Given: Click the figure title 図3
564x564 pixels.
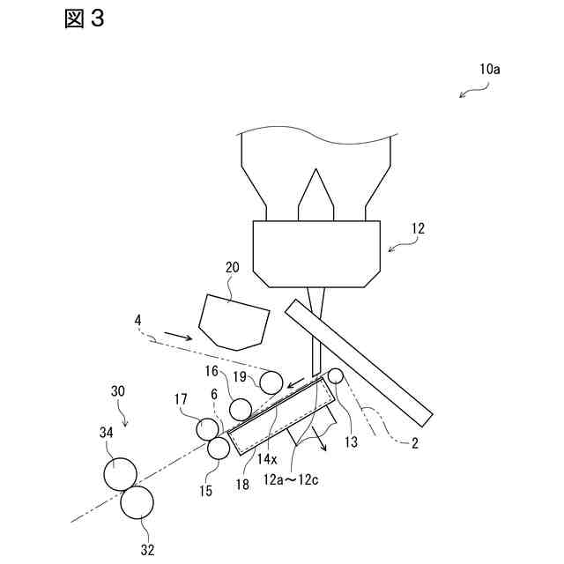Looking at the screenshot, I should [x=85, y=19].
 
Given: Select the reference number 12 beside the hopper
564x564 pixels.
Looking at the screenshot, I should [x=417, y=228].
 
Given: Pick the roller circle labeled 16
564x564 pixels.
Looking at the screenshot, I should [x=240, y=409].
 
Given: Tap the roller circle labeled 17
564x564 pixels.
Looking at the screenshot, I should [x=208, y=428].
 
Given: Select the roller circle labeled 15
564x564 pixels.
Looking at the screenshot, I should [x=218, y=448].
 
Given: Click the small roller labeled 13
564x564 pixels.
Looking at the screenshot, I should [x=335, y=376].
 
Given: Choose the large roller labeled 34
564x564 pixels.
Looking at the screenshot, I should [x=120, y=473].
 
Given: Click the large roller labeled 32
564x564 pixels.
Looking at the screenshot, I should [x=137, y=503].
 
